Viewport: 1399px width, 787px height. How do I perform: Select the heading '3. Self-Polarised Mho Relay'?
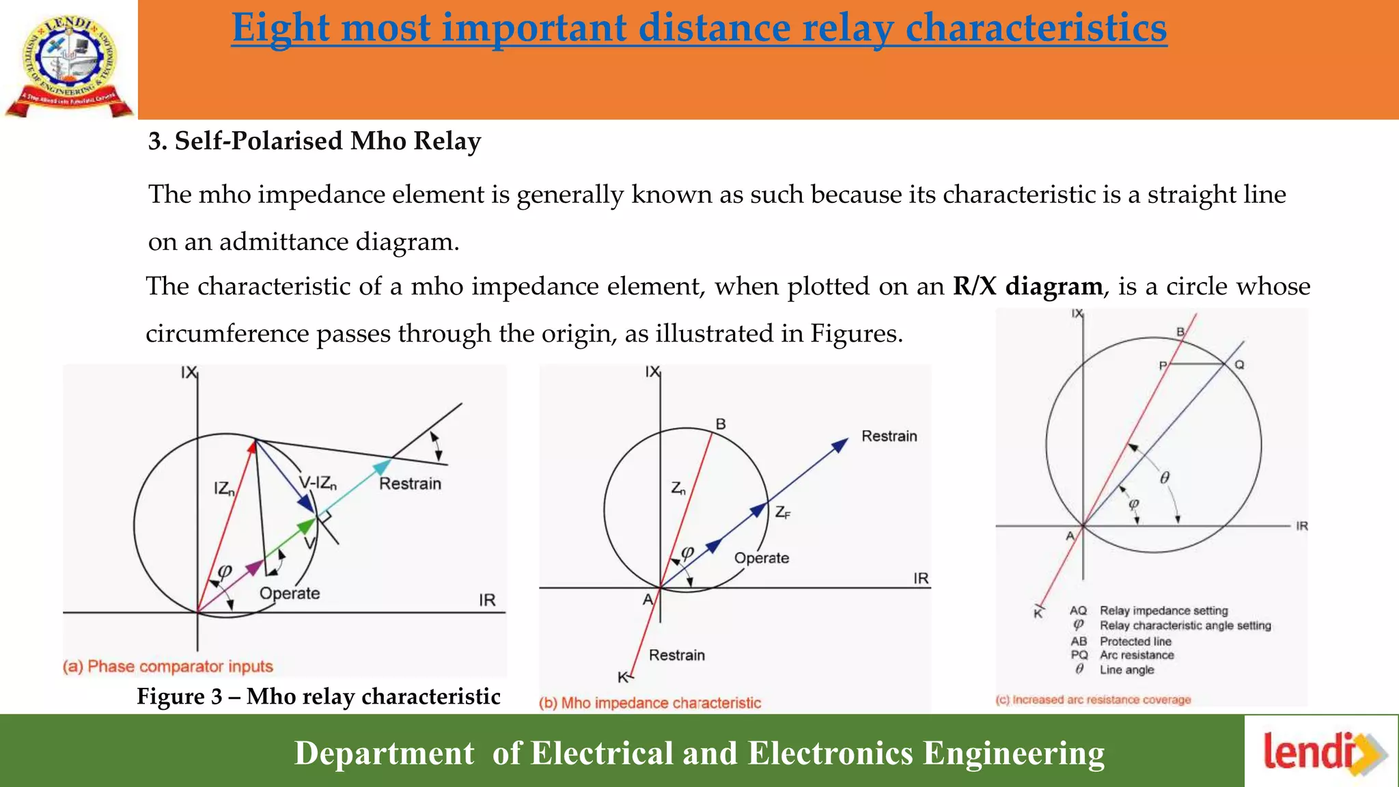point(315,141)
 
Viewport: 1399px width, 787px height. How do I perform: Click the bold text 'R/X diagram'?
point(1027,286)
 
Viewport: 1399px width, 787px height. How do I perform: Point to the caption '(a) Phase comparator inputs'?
point(167,667)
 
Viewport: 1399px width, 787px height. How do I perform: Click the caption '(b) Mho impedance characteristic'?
point(650,703)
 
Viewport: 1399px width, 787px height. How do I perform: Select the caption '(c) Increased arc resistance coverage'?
point(1093,700)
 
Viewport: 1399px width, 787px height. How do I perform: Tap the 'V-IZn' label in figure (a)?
point(318,484)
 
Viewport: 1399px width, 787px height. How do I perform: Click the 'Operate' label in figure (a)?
point(290,593)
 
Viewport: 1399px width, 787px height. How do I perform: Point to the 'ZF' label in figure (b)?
point(782,512)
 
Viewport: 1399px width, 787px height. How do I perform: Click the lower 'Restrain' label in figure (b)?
point(676,655)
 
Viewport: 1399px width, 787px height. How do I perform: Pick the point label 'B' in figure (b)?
point(721,424)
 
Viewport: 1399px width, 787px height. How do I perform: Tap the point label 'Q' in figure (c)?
point(1239,365)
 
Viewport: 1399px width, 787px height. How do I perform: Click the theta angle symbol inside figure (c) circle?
point(1165,478)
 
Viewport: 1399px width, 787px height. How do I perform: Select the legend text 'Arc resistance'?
point(1137,655)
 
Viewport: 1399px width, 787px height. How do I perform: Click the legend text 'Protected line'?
point(1135,641)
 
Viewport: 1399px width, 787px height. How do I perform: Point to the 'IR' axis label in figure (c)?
point(1302,526)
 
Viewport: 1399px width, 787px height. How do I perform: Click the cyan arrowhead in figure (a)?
point(383,467)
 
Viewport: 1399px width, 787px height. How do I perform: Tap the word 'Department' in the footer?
point(384,754)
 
